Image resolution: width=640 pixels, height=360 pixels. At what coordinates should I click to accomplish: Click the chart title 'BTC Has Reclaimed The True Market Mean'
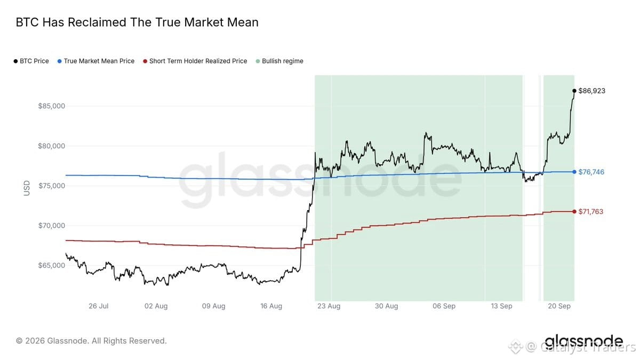coord(137,22)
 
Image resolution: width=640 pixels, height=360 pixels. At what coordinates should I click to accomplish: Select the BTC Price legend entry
coord(31,61)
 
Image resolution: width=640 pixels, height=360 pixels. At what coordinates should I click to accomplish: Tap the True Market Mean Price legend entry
coord(96,61)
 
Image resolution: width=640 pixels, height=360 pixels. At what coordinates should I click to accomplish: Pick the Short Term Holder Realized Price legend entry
coord(195,61)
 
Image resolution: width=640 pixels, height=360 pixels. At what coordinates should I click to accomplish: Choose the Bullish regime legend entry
coord(279,61)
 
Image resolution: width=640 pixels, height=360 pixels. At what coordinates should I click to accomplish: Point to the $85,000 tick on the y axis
coord(52,106)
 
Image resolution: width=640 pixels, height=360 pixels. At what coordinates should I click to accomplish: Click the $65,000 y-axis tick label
coord(52,266)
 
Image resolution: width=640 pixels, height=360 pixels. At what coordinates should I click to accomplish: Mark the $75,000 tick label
coord(52,186)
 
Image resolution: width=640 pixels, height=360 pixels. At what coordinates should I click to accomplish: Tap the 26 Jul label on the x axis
coord(99,306)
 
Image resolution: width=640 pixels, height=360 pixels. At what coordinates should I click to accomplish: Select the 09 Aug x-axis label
coord(214,306)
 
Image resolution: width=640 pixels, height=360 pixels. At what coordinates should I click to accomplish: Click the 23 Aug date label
coord(329,306)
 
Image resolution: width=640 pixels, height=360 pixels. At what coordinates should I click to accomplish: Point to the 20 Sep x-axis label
coord(559,306)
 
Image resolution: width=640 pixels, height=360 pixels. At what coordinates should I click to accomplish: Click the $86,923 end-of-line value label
coord(591,91)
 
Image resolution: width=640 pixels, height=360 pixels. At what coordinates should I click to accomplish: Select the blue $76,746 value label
coord(591,172)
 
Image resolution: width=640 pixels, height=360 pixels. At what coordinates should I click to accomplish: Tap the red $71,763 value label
coord(590,212)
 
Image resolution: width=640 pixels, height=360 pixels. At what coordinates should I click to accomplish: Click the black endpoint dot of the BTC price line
coord(574,91)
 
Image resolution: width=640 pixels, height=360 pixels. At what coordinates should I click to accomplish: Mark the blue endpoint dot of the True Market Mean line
coord(574,172)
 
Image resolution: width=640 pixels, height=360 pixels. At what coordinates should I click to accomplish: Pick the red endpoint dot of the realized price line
coord(574,212)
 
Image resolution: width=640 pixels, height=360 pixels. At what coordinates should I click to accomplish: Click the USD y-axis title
coord(27,188)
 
